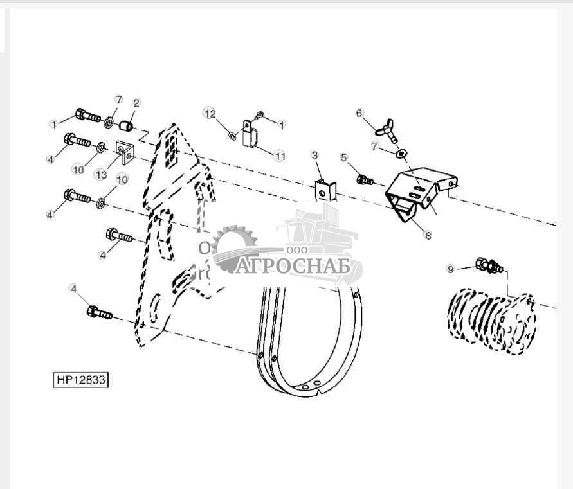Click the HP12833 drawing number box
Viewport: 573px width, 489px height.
pos(80,380)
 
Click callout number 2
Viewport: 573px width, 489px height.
pos(136,103)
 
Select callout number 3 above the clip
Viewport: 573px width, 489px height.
pos(315,156)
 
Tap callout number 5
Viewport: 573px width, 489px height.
pos(343,157)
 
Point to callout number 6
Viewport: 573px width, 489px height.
pos(360,113)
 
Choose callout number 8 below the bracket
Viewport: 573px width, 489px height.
pos(428,236)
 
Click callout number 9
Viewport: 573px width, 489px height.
pos(450,268)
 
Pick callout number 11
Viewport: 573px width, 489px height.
pos(279,156)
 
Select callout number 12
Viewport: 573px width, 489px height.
pos(209,114)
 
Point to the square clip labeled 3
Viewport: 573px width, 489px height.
pos(325,190)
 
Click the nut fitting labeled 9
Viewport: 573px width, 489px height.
pos(489,265)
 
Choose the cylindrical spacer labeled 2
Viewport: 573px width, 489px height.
pos(128,122)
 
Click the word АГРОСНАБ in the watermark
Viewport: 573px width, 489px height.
pos(293,266)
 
